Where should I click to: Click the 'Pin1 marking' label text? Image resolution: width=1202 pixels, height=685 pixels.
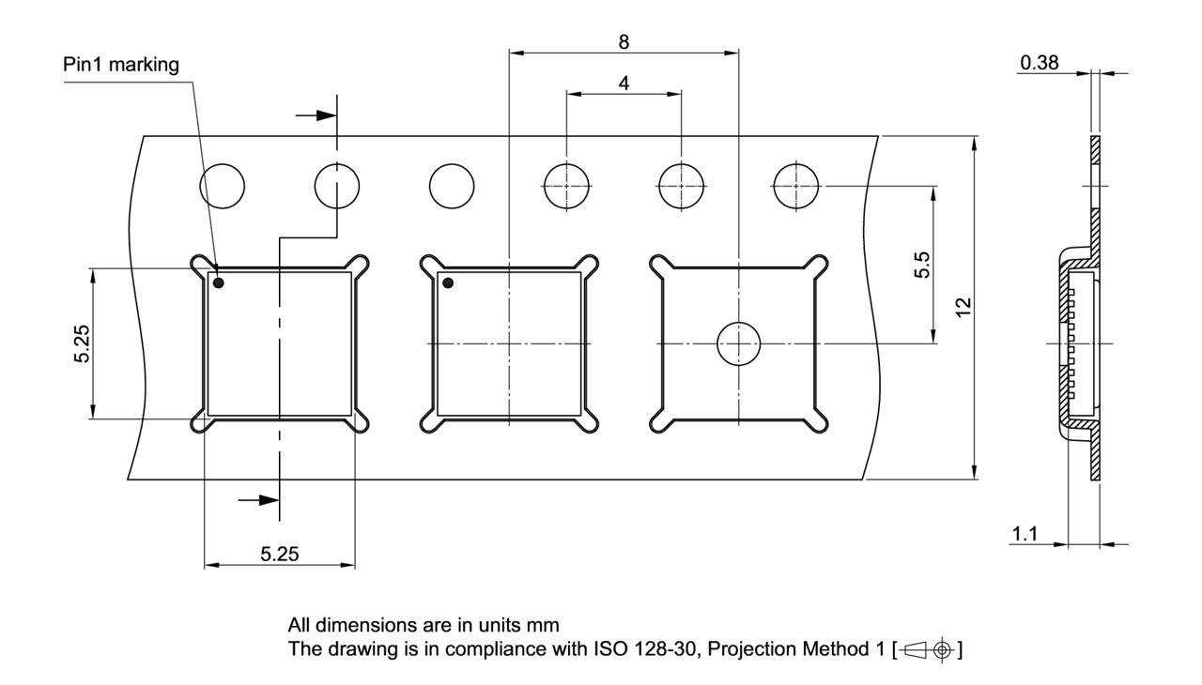pos(119,64)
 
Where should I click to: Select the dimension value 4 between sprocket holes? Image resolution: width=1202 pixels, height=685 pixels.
pos(624,83)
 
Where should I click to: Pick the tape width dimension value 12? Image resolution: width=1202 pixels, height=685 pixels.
pos(959,307)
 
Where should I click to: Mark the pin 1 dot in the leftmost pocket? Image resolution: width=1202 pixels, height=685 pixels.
pos(219,282)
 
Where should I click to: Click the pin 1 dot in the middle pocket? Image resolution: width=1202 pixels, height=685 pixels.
pos(448,282)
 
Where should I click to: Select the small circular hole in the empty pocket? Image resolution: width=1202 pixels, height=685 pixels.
pos(738,344)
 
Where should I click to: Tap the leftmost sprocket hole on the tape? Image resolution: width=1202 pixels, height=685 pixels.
pos(222,185)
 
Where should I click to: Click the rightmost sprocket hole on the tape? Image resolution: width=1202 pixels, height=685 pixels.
pos(795,185)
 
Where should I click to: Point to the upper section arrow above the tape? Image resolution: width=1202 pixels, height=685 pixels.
pos(317,115)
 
